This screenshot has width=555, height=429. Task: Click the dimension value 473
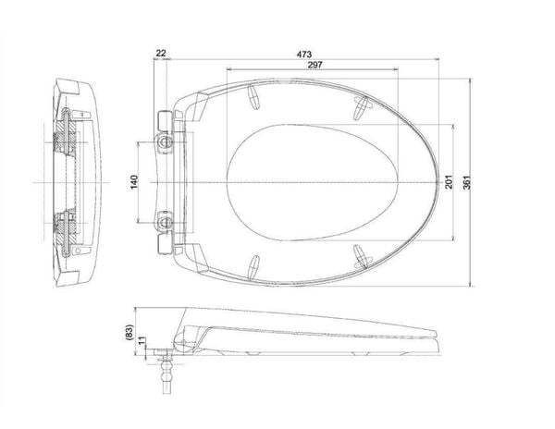click(x=304, y=55)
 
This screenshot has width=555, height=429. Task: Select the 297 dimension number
click(x=314, y=65)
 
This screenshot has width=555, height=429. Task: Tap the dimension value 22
click(x=161, y=53)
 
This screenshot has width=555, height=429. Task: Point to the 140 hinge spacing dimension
click(x=134, y=182)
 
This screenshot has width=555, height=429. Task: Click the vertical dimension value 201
click(x=449, y=182)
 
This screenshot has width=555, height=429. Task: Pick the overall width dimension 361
click(x=467, y=182)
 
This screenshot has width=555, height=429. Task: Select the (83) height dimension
click(x=129, y=333)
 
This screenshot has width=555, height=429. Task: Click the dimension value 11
click(x=142, y=341)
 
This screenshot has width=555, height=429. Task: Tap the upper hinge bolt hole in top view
click(x=165, y=142)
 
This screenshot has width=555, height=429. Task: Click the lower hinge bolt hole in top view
click(x=165, y=223)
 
